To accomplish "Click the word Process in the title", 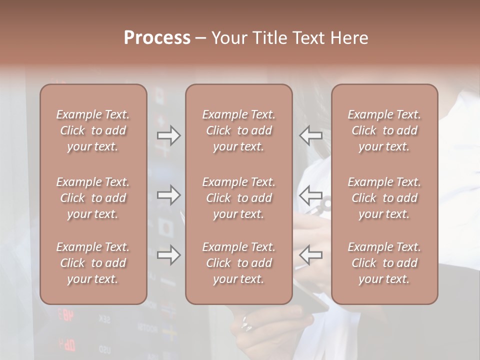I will (x=157, y=38).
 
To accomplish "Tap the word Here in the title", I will (x=349, y=38).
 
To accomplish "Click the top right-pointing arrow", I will (x=169, y=135).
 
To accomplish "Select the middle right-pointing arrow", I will (x=169, y=195).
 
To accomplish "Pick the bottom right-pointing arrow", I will (x=169, y=255).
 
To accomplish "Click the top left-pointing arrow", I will (x=310, y=135).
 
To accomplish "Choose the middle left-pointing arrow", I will (x=310, y=195).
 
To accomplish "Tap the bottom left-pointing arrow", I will (x=310, y=255).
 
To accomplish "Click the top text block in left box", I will (x=93, y=130).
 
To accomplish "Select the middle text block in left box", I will (x=93, y=198).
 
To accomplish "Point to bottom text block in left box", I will (x=93, y=263).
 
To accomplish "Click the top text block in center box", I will (x=238, y=130).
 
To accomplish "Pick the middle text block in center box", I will (x=238, y=198).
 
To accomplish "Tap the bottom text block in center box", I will (x=238, y=263).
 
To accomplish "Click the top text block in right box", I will (x=384, y=130).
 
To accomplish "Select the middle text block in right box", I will (x=384, y=198).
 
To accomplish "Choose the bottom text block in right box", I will (x=384, y=263).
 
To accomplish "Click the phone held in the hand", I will (x=310, y=295).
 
